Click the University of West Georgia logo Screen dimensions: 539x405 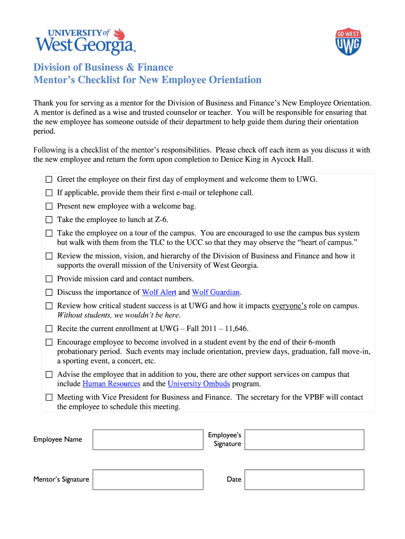[x=86, y=41]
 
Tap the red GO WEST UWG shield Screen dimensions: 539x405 [x=348, y=42]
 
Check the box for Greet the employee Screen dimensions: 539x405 [x=49, y=179]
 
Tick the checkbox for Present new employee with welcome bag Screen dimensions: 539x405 [x=49, y=206]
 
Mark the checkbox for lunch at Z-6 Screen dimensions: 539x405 [x=49, y=219]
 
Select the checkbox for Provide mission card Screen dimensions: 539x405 [x=49, y=279]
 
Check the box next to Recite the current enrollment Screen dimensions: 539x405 [x=49, y=329]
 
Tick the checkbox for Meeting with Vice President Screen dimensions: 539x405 [x=49, y=397]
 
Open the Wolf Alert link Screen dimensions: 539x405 [x=159, y=292]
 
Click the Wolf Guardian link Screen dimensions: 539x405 [x=216, y=292]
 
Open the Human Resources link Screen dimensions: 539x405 [x=112, y=384]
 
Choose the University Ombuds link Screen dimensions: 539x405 [x=198, y=384]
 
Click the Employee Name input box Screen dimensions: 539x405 [x=148, y=440]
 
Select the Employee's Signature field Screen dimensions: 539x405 [x=304, y=440]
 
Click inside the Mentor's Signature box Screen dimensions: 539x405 [x=148, y=480]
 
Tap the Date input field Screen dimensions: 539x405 [x=304, y=480]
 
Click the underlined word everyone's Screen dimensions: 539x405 [x=289, y=306]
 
